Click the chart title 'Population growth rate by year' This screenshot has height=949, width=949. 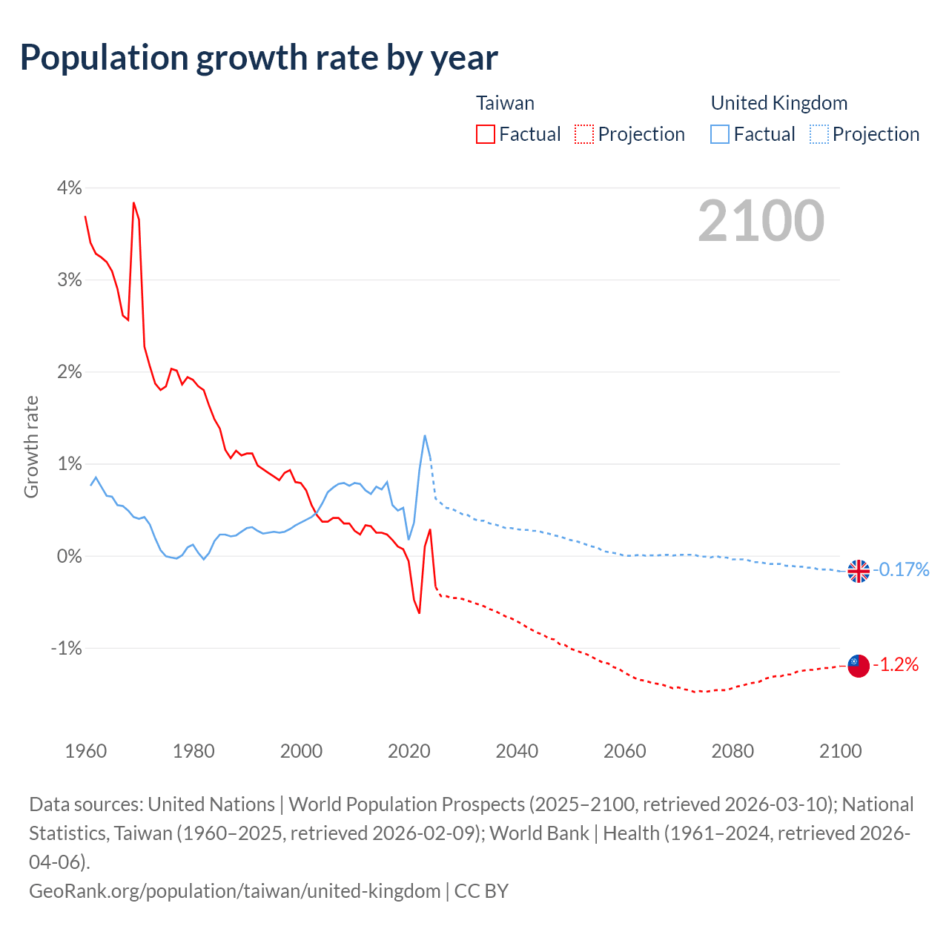[x=259, y=58]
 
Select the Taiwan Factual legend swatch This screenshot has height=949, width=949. [x=486, y=134]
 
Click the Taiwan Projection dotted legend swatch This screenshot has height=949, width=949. [x=584, y=134]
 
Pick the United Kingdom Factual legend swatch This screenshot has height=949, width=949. [x=720, y=134]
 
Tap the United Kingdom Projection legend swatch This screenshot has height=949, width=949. [x=819, y=134]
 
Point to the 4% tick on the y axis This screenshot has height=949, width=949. [x=69, y=188]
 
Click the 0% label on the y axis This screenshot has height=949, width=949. [x=69, y=556]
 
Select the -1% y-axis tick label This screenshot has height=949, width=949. [x=66, y=648]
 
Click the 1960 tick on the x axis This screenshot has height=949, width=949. [x=86, y=751]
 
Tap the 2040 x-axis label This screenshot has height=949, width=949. [x=517, y=751]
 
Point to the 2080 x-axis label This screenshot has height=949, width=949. [x=733, y=751]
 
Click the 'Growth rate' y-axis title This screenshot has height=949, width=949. [x=31, y=447]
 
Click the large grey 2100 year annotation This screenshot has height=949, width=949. [x=761, y=221]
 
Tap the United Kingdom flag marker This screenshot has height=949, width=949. [x=859, y=571]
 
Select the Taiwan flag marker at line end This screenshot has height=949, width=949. [x=859, y=666]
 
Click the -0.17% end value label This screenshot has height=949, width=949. [x=901, y=569]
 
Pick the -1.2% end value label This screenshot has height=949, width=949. [x=896, y=664]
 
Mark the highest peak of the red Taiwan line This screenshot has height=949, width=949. [x=133, y=202]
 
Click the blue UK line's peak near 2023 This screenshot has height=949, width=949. [x=425, y=436]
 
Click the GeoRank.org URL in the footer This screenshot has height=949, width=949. [x=234, y=890]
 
